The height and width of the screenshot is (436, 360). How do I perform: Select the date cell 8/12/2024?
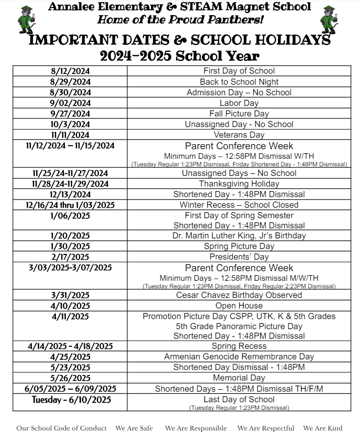click(70, 71)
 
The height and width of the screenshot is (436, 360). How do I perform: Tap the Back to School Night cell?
click(239, 82)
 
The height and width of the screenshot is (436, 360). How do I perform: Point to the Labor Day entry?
click(239, 103)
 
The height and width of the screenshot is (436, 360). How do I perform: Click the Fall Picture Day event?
click(239, 113)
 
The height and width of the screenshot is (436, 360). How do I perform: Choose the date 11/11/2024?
click(70, 135)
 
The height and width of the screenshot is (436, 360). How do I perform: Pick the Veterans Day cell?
click(239, 135)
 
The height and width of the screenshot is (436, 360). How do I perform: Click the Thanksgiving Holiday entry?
click(239, 183)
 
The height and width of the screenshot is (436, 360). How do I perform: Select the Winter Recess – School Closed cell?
click(239, 205)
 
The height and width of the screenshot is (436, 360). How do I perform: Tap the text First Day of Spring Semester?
click(239, 215)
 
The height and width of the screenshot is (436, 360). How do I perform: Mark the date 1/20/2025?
click(70, 235)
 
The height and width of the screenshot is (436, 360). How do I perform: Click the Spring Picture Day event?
click(239, 246)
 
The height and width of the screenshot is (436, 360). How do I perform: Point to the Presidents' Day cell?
click(239, 257)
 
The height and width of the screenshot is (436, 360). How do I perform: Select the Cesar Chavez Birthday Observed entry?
click(239, 295)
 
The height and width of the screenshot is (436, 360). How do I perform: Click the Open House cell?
click(239, 305)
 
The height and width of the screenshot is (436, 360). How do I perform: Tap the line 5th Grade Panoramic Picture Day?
click(239, 326)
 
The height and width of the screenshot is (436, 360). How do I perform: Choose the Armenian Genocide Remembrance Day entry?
click(239, 356)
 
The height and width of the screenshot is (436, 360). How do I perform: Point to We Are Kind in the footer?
click(322, 428)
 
